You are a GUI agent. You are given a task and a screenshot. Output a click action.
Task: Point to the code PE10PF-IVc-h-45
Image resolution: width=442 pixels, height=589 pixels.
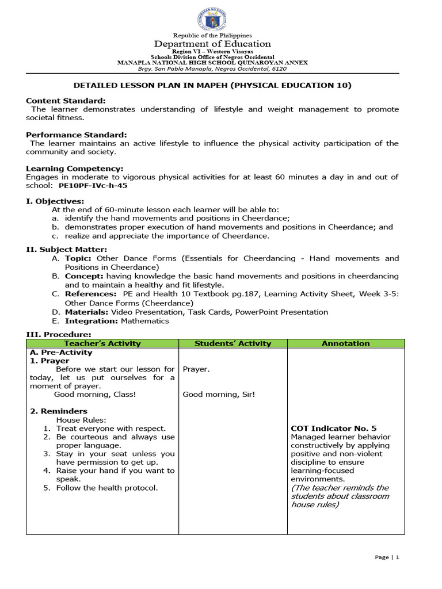coord(93,186)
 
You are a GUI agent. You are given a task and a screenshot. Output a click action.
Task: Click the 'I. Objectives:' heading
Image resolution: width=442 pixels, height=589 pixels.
coord(55,201)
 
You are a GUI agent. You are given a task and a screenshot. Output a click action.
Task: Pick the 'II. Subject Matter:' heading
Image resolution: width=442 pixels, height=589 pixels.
coord(66,249)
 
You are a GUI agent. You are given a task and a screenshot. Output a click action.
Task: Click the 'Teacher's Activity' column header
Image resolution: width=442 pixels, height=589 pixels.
coord(102,343)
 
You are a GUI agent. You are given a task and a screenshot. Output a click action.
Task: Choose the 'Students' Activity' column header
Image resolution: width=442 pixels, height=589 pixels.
coord(233,343)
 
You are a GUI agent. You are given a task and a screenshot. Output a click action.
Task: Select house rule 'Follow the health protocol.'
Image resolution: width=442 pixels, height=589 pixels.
coord(106,488)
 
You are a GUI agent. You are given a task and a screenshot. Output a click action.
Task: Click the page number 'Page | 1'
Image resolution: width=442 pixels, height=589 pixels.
coord(387,557)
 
